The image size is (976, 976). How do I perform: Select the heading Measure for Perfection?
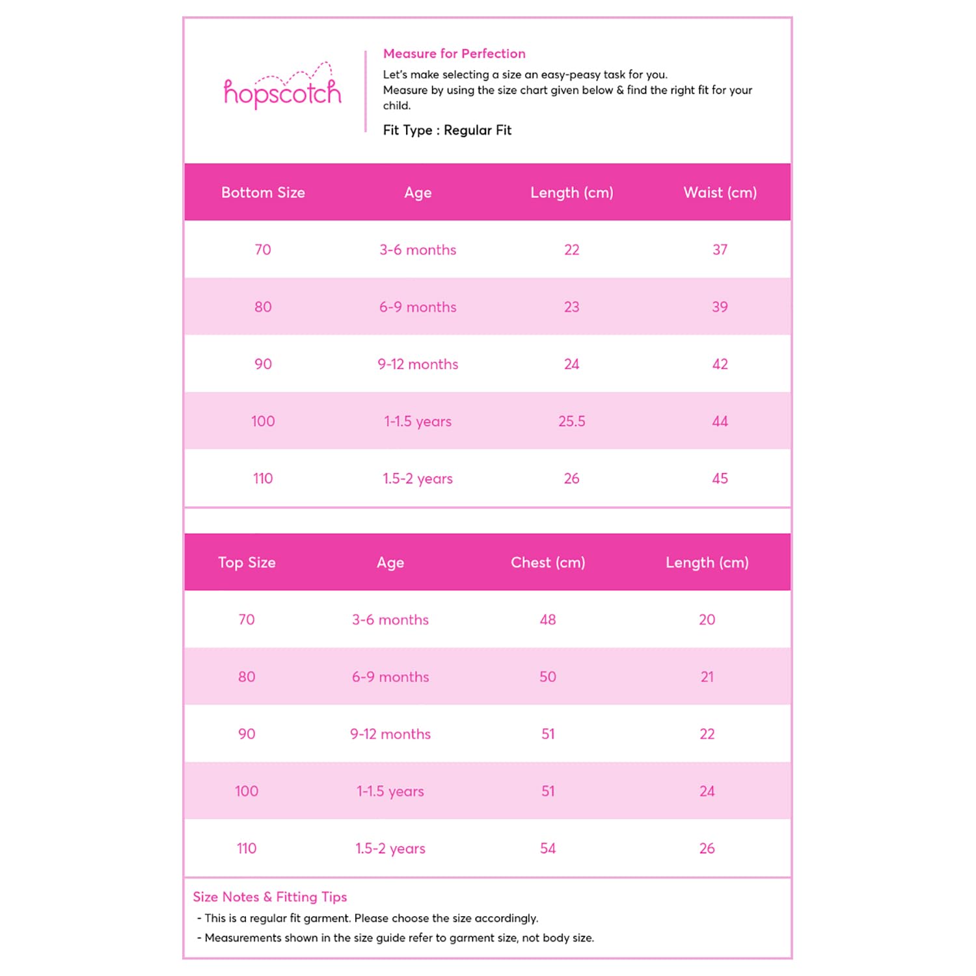[x=454, y=54]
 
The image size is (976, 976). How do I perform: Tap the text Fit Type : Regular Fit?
[x=447, y=130]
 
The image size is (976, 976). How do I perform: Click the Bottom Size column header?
[x=263, y=193]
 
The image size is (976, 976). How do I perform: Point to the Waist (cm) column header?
[x=720, y=193]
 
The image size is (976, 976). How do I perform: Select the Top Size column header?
[x=247, y=562]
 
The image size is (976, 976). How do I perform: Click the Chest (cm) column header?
[x=548, y=562]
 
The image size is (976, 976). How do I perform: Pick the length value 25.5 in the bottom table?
[x=571, y=421]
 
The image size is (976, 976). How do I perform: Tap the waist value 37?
[x=720, y=250]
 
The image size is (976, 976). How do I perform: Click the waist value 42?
[x=720, y=364]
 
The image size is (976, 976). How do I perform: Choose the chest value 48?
[x=548, y=619]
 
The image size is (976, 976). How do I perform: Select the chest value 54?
[x=548, y=848]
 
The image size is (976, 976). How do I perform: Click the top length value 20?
[x=707, y=619]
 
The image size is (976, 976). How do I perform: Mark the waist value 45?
[x=720, y=478]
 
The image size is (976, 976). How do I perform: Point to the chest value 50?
[x=548, y=677]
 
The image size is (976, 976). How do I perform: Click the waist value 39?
[x=720, y=307]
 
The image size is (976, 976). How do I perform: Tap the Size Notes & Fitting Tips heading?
[x=270, y=897]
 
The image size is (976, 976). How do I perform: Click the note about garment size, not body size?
[x=399, y=938]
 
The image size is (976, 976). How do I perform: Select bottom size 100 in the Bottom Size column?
[x=263, y=421]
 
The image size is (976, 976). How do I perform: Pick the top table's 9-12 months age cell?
[x=390, y=734]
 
